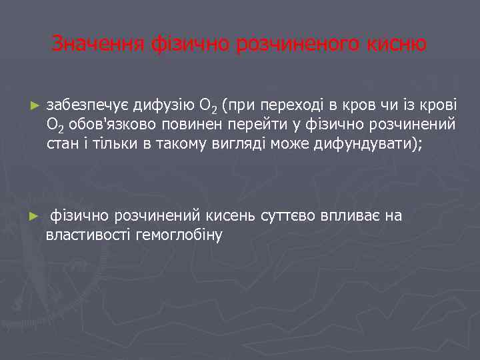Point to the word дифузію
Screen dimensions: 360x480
pyautogui.click(x=162, y=105)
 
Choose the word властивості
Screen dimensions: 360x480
pyautogui.click(x=88, y=235)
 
